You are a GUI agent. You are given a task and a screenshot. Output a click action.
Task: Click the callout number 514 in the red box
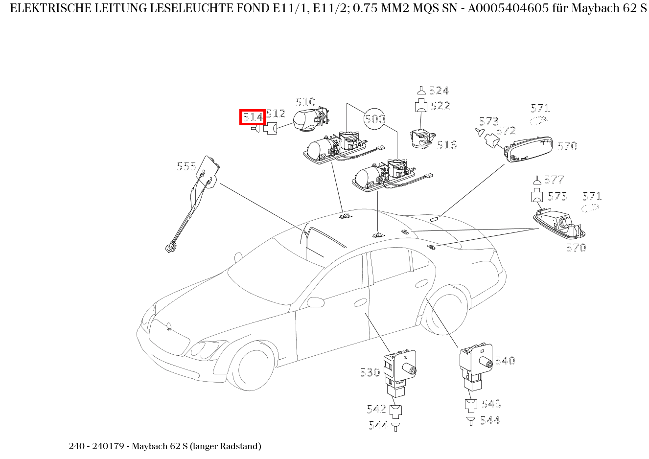(x=253, y=117)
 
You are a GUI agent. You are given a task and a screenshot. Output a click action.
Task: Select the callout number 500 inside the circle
(x=375, y=119)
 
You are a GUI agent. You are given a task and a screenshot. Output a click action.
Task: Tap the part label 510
(x=305, y=102)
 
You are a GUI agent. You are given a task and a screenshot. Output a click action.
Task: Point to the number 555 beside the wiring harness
(x=186, y=166)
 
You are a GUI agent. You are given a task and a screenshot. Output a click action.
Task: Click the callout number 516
(x=446, y=145)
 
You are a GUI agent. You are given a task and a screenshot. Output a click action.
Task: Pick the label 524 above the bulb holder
(x=439, y=91)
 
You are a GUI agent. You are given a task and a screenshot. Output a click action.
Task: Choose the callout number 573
(x=488, y=121)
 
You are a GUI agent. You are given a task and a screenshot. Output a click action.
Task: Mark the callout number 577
(x=554, y=180)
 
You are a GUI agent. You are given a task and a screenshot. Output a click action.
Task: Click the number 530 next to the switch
(x=370, y=372)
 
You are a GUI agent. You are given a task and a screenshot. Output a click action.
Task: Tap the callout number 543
(x=491, y=404)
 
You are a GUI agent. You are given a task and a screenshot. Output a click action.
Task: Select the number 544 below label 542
(x=378, y=426)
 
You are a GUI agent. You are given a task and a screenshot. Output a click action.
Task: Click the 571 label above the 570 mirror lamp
(x=540, y=108)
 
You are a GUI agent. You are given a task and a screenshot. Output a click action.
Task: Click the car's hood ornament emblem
(x=169, y=325)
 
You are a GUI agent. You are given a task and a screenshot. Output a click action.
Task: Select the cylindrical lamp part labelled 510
(x=308, y=120)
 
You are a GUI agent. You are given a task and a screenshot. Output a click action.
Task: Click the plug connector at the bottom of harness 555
(x=171, y=248)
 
